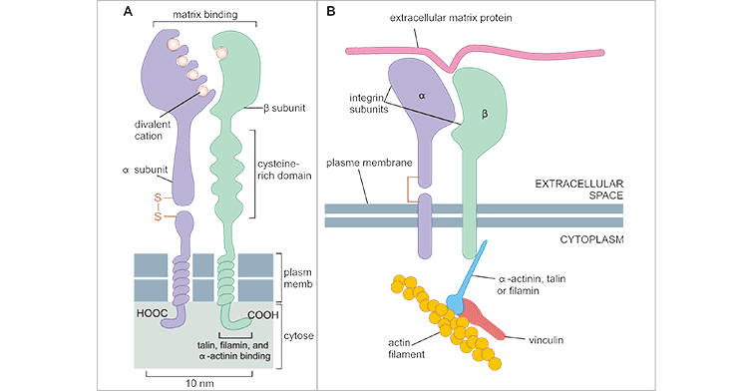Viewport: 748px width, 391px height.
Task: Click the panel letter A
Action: click(129, 13)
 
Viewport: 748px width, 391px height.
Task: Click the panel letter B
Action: click(331, 13)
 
